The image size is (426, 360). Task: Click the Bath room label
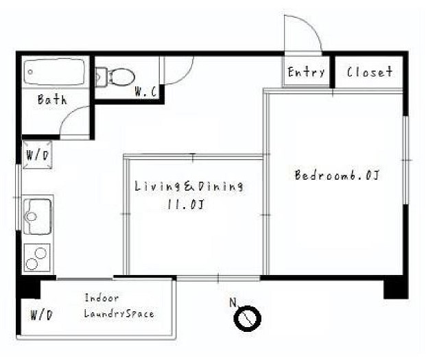coord(52,99)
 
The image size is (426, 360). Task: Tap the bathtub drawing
coord(55,72)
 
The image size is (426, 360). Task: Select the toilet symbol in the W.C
coord(115,77)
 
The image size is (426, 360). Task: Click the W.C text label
coord(145,92)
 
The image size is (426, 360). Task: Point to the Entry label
coord(306,72)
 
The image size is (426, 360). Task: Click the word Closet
coord(370,72)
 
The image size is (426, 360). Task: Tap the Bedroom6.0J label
coord(337,175)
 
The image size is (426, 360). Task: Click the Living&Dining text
coord(189,187)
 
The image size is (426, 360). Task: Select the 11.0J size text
coord(185,204)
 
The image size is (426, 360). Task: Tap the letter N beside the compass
coord(233,302)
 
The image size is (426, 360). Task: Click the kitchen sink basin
coord(38,216)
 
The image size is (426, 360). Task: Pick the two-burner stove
coord(37,257)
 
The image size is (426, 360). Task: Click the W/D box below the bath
coord(37,155)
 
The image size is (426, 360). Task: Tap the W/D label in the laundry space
coord(41,315)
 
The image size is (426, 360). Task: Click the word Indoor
coord(102,298)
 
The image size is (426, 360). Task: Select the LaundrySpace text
coord(119,313)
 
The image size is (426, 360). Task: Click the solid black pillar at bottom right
coord(396,288)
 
